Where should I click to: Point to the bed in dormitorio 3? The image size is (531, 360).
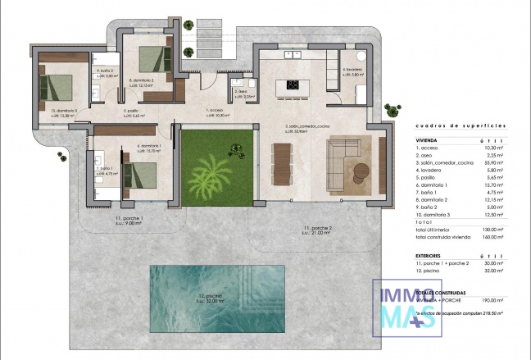(x=58, y=86)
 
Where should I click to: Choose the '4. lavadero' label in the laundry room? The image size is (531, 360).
(x=352, y=70)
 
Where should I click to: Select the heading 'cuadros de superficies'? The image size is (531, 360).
(x=461, y=125)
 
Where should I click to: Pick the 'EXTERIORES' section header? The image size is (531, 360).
(x=432, y=255)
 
